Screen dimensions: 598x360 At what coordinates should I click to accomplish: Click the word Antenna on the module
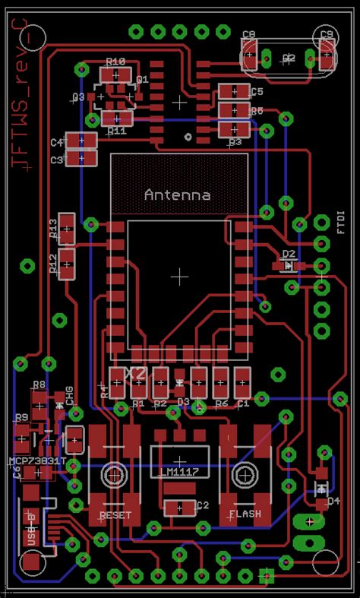[x=177, y=195]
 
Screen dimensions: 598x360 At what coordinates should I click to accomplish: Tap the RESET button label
[x=115, y=515]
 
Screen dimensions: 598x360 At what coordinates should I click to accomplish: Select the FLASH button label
[x=245, y=514]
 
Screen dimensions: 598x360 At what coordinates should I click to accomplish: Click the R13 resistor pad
[x=68, y=226]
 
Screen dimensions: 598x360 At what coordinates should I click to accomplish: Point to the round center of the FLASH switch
[x=245, y=473]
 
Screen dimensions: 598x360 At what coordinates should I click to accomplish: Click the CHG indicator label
[x=69, y=394]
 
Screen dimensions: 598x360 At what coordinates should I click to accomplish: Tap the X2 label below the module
[x=135, y=373]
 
